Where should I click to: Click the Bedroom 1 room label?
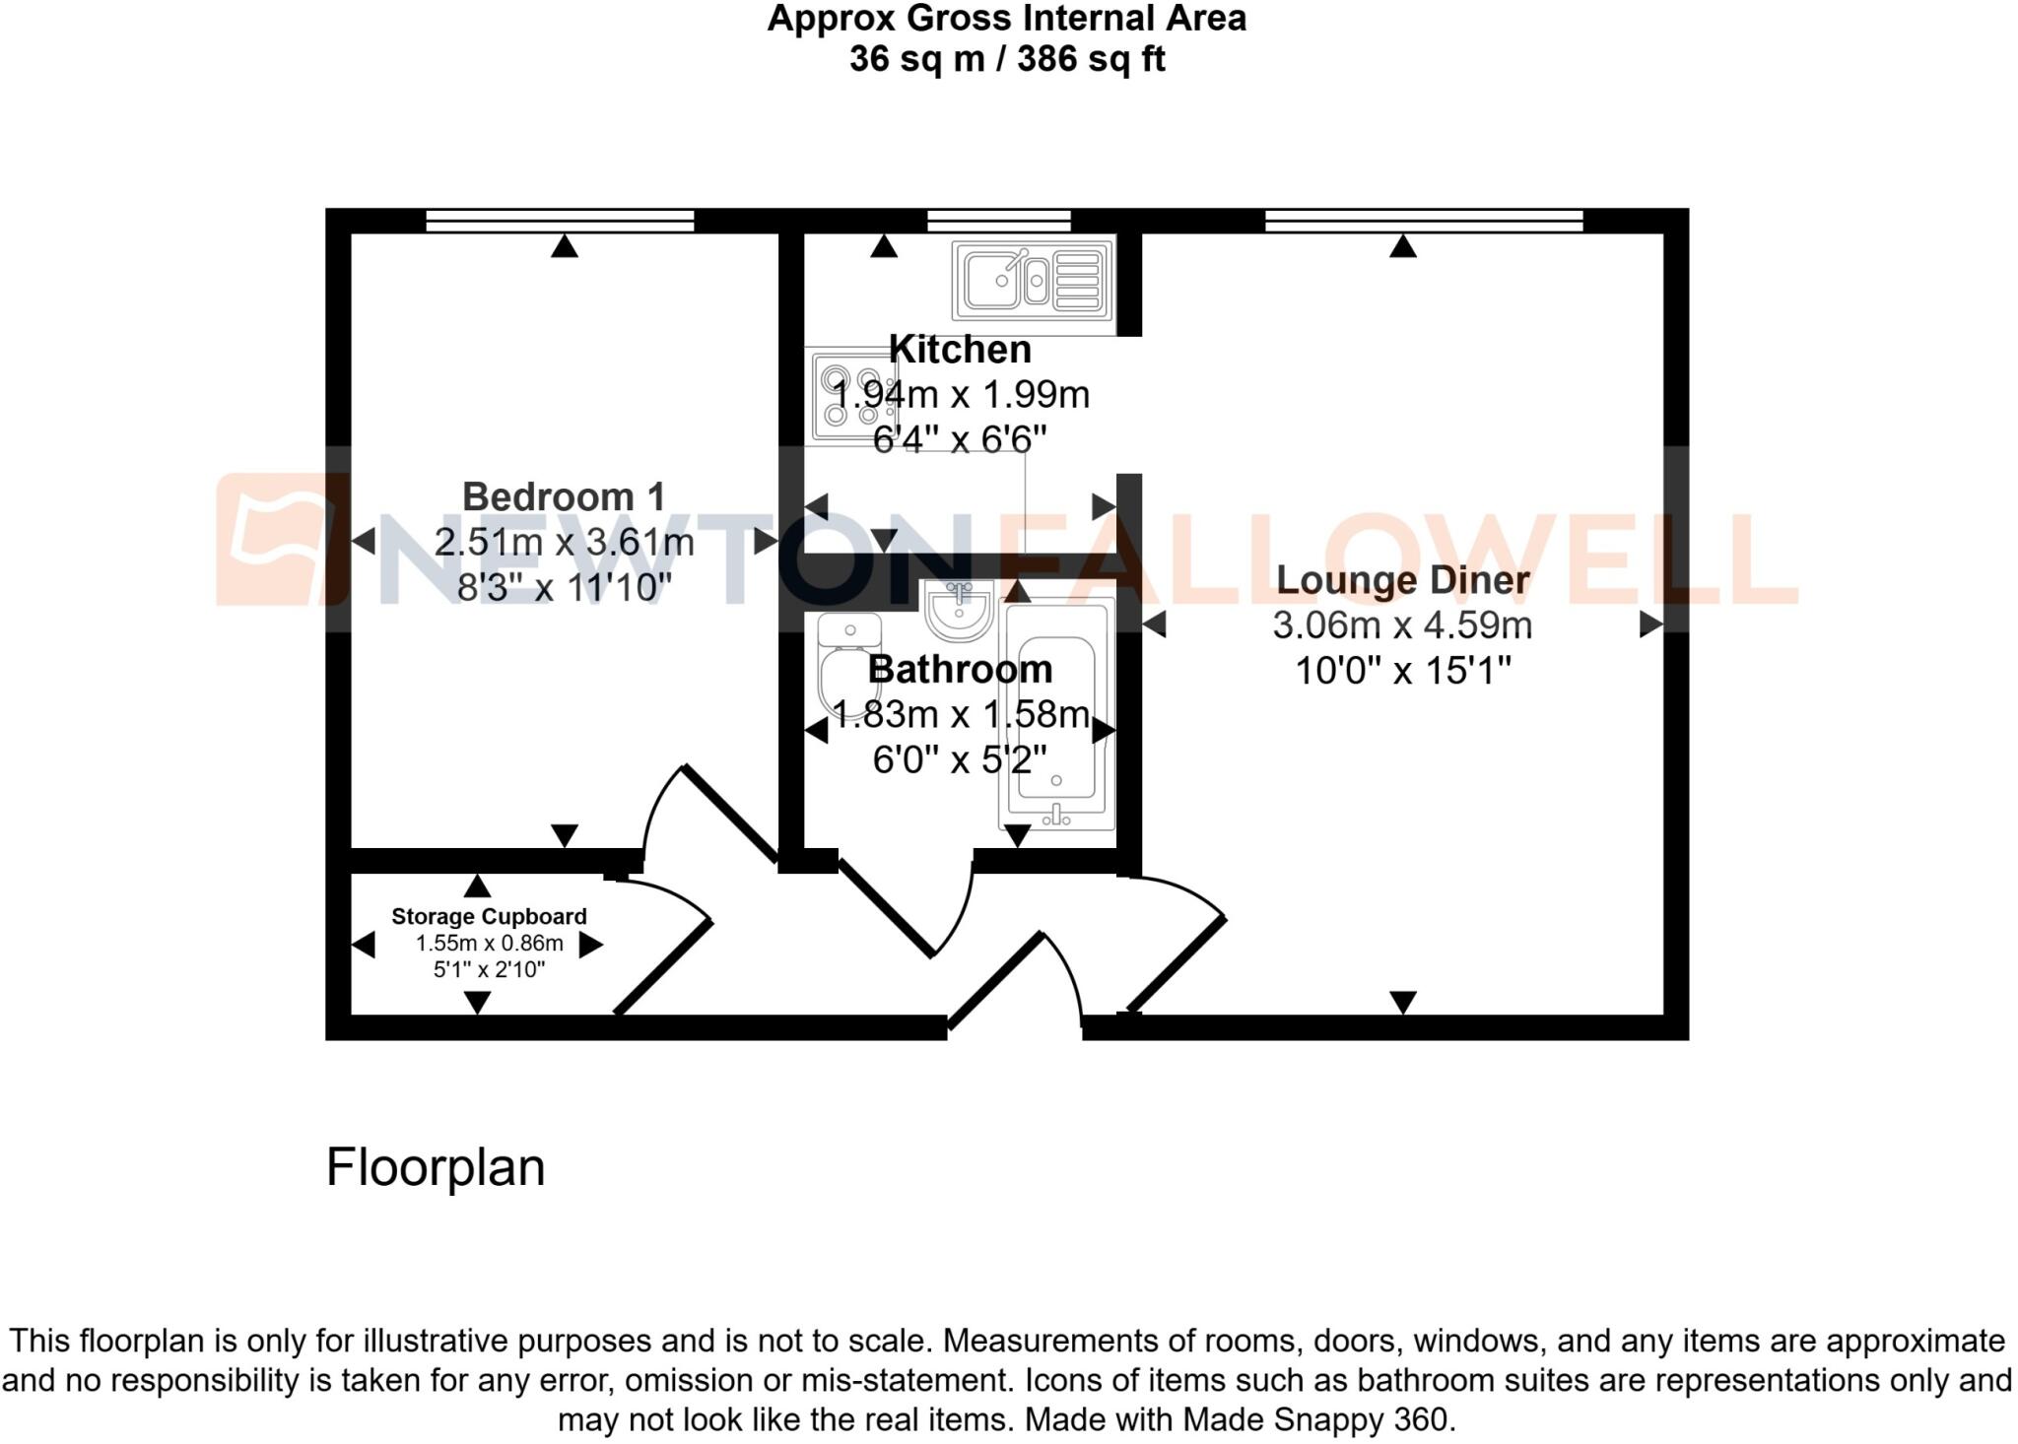[564, 496]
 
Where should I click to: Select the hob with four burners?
[850, 396]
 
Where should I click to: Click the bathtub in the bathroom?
[1056, 714]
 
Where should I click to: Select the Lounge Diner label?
[1402, 579]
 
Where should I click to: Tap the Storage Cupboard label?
[489, 916]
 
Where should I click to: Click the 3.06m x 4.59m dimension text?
[1402, 624]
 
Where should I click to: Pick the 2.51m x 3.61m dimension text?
[564, 542]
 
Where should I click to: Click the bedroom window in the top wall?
[560, 221]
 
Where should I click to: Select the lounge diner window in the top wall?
[1423, 221]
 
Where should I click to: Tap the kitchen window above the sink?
[999, 221]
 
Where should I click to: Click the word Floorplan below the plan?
[435, 1167]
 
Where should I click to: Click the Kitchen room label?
[960, 350]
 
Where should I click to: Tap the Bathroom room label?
[960, 670]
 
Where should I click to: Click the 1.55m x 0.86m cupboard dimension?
[489, 944]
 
